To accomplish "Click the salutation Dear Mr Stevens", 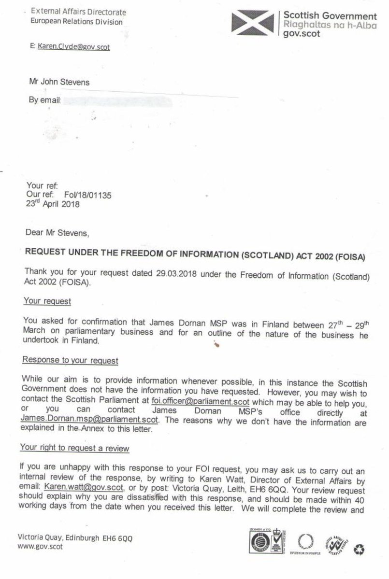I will coord(58,233).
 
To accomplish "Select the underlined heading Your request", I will coord(47,301).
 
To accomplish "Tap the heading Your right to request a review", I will coord(74,448).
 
